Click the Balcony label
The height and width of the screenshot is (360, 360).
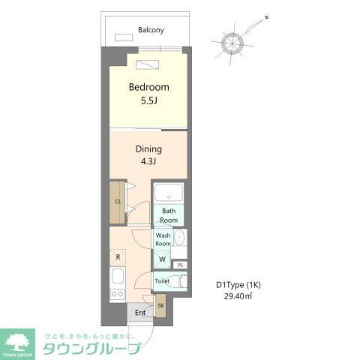pos(151,31)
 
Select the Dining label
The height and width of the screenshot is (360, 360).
pos(148,148)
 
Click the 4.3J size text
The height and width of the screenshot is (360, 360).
pos(148,161)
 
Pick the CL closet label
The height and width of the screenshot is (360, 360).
pos(118,202)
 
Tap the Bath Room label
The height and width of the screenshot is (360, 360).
pos(169,216)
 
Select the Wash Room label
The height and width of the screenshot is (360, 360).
pos(163,239)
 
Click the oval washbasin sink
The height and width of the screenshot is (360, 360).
pos(181,239)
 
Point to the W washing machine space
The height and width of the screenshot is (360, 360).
pos(163,259)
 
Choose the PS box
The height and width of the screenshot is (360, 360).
pos(180,265)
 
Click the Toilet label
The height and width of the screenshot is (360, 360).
pos(162,281)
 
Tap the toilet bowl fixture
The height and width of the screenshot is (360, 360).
pos(177,281)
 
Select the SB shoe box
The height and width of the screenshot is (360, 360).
pos(160,305)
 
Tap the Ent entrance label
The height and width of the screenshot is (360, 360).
pos(139,313)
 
